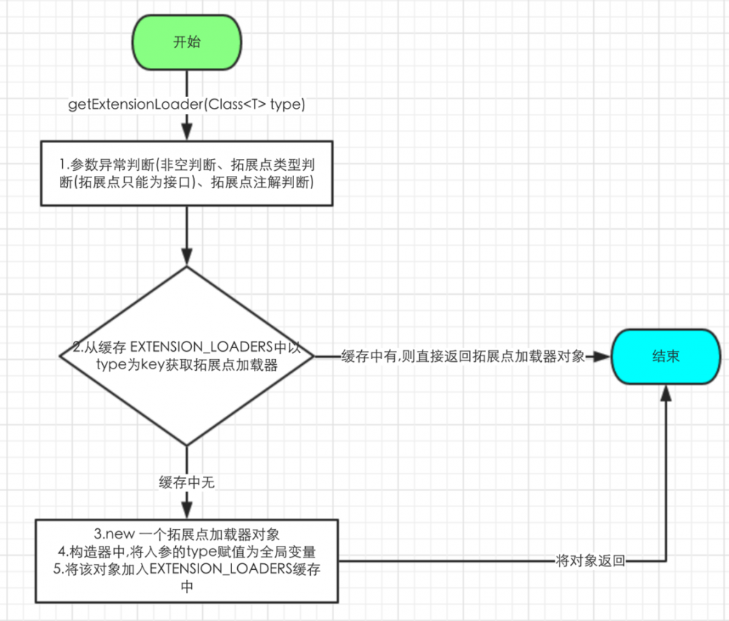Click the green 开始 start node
tap(187, 42)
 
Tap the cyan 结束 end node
tap(665, 357)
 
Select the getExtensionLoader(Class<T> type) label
tap(187, 104)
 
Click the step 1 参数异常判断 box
tap(187, 174)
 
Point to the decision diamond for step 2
tap(187, 355)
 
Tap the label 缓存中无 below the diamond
tap(187, 482)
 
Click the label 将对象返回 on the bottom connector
tap(590, 561)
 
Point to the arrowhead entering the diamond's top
tap(187, 258)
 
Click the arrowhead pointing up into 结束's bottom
tap(665, 393)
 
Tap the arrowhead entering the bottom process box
tap(187, 512)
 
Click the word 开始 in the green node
tap(187, 42)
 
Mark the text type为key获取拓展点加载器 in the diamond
tap(187, 366)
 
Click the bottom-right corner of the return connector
tap(665, 561)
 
